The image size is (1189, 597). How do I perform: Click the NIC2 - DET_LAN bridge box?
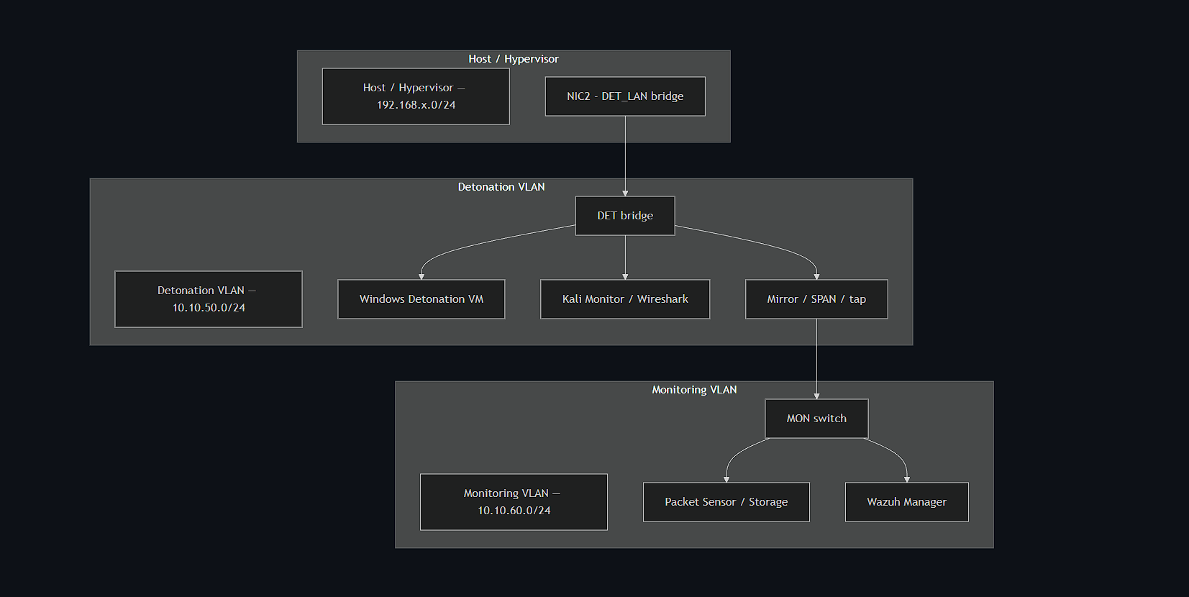click(x=625, y=96)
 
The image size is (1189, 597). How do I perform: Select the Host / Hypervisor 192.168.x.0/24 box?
click(x=416, y=96)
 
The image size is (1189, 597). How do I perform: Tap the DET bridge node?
click(x=625, y=216)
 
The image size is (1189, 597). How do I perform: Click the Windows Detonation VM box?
click(x=422, y=299)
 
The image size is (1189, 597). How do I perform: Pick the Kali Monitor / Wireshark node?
click(x=625, y=299)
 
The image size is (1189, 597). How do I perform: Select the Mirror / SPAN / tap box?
click(x=816, y=299)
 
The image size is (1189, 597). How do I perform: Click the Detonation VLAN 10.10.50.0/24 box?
click(x=209, y=299)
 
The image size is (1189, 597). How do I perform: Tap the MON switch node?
click(x=816, y=419)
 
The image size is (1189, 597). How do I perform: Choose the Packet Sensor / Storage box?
click(x=726, y=502)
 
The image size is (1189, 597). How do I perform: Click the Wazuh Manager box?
click(x=906, y=502)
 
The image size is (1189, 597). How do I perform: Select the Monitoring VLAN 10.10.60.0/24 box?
click(x=514, y=502)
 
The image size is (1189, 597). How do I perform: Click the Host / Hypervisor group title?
click(x=514, y=59)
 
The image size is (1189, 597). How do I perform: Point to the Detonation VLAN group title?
click(x=501, y=187)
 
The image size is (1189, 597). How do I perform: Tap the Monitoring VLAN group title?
click(x=694, y=390)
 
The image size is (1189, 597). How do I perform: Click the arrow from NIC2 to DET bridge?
click(x=625, y=155)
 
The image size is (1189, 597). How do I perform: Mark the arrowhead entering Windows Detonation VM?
click(x=422, y=276)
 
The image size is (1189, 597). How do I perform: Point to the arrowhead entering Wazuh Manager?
click(x=907, y=479)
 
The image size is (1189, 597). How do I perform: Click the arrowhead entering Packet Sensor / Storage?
click(x=726, y=479)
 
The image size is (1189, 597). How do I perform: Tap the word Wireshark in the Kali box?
click(x=662, y=299)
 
